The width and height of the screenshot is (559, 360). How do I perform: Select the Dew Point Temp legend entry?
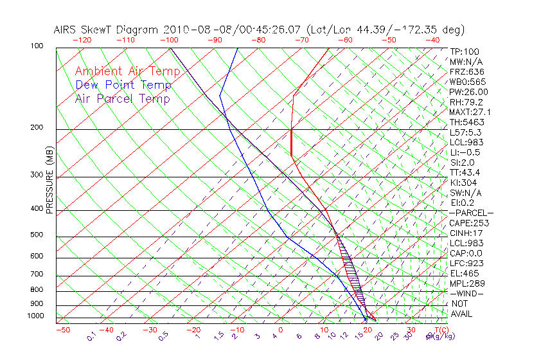(123, 85)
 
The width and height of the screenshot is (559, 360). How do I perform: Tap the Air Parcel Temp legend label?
(122, 98)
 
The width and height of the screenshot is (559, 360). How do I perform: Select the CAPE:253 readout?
(469, 223)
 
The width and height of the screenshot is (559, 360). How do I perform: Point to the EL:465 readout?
(464, 273)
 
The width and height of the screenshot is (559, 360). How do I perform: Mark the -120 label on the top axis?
(82, 40)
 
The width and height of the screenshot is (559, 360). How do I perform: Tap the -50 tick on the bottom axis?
(63, 330)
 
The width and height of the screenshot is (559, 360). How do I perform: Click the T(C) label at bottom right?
(438, 330)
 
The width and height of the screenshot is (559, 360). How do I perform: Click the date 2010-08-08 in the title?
(190, 30)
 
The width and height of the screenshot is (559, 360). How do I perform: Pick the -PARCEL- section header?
(472, 213)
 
